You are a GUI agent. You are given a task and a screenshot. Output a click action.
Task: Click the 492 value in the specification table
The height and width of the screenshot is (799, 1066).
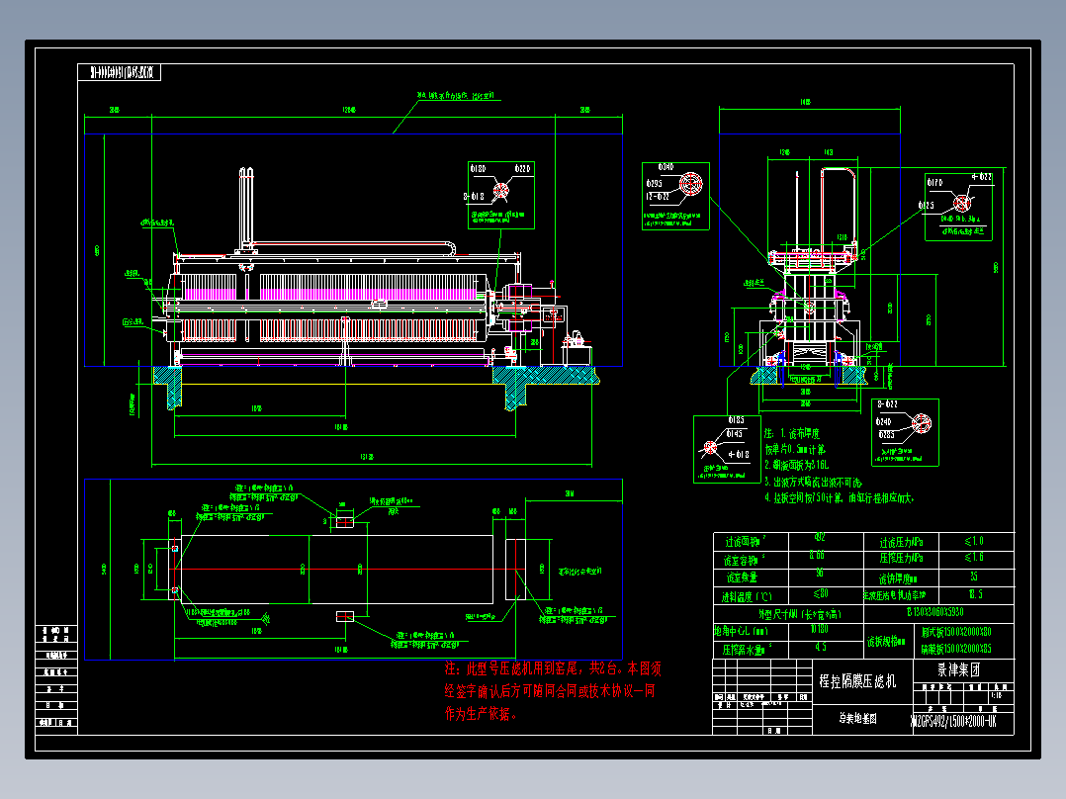818,540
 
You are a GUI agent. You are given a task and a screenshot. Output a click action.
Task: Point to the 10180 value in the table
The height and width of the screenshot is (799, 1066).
818,629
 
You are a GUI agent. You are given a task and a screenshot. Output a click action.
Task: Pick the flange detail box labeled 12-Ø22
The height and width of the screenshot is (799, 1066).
675,194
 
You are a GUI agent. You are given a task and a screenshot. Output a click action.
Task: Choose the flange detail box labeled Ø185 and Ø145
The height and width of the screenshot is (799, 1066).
726,448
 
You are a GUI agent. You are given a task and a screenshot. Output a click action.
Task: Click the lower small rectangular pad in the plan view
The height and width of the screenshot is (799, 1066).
344,616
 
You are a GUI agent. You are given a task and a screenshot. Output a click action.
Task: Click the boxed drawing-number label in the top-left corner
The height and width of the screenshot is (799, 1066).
120,72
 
